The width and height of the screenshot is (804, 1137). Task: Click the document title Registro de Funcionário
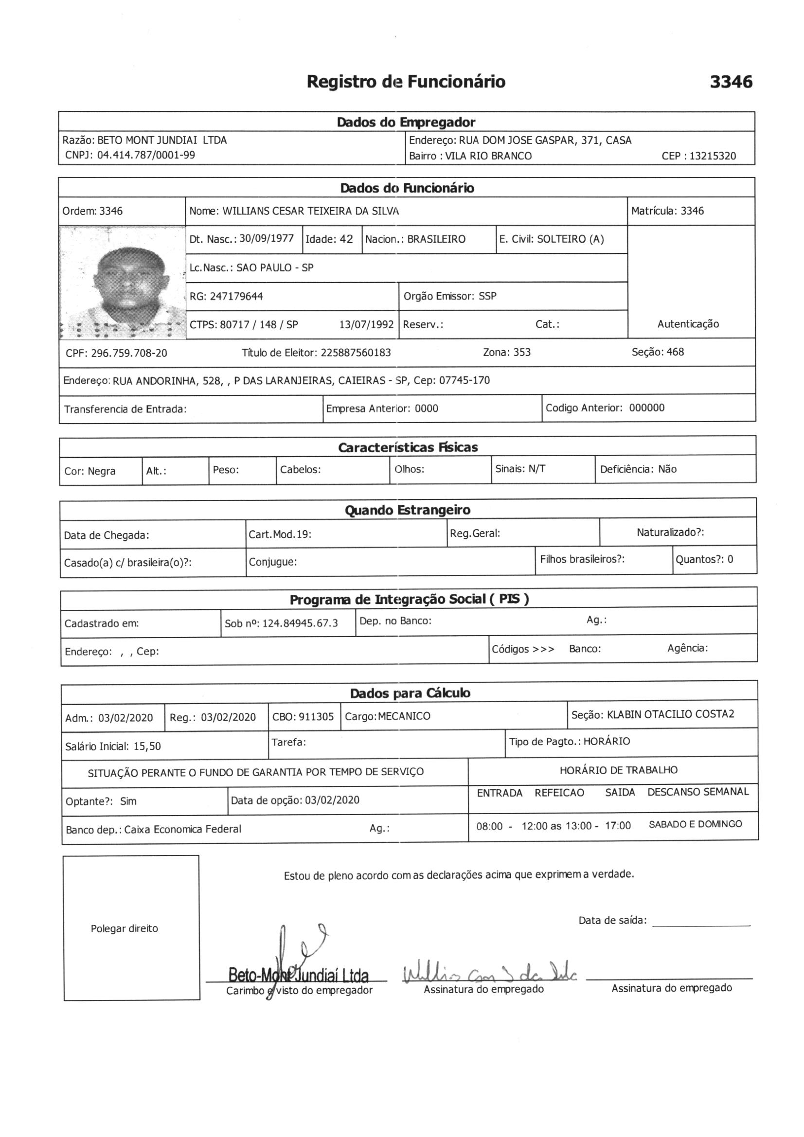coord(406,82)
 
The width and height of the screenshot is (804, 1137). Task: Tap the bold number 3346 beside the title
coord(731,82)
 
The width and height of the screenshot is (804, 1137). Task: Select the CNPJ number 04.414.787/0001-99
coord(146,155)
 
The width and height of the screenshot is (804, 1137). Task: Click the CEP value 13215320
coord(713,156)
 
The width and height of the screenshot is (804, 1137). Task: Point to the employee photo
coord(123,283)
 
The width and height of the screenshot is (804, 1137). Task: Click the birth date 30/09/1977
coord(267,239)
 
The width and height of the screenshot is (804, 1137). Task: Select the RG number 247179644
coord(236,297)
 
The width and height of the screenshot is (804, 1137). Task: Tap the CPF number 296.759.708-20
coord(129,353)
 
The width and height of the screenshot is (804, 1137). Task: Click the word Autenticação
coord(688,324)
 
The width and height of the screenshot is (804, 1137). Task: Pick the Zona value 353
coord(521,352)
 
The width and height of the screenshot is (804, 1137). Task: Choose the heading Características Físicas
coord(408,448)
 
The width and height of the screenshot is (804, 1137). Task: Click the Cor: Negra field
coord(89,471)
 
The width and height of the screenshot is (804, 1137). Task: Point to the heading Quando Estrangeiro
coord(408,510)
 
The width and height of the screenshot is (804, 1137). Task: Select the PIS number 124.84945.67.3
coord(300,623)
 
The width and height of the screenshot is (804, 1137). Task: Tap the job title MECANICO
coord(404,716)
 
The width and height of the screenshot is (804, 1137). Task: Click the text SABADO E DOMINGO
coord(695,824)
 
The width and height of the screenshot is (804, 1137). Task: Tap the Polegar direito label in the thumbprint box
coord(125,928)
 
